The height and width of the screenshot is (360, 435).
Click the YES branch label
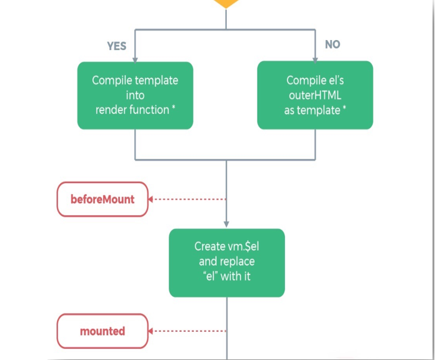(x=116, y=46)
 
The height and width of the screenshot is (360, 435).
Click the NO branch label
(x=332, y=45)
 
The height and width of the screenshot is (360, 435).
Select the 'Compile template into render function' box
(x=135, y=95)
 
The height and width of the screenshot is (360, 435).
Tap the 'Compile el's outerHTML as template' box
(x=315, y=95)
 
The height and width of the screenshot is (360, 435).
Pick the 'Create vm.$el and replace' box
(x=226, y=262)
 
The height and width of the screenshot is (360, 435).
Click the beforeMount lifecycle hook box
(x=102, y=199)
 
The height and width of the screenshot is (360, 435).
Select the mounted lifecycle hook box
(x=102, y=331)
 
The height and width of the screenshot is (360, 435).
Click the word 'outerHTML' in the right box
(x=315, y=95)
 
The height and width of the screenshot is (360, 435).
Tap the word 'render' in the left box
(x=111, y=110)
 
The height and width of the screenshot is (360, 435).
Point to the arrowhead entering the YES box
(x=135, y=59)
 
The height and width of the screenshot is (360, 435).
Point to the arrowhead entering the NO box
(x=315, y=58)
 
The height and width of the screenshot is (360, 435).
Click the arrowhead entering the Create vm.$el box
(x=226, y=225)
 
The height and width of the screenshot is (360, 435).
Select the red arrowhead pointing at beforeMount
(x=152, y=199)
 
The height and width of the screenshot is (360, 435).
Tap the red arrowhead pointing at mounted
(x=152, y=331)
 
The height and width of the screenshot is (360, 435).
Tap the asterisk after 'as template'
(x=344, y=109)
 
